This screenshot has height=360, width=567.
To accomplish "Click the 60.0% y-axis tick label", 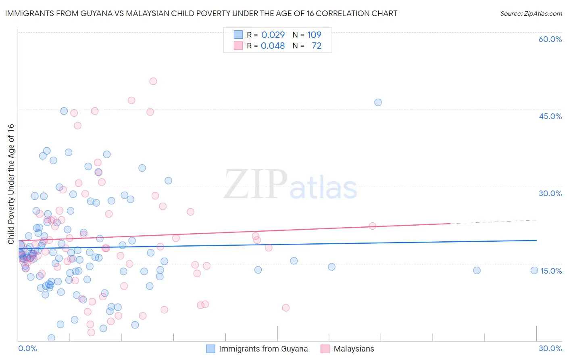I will (x=550, y=39).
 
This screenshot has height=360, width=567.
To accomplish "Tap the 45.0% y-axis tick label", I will (x=550, y=116).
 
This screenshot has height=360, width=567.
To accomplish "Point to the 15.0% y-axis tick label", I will (x=551, y=271).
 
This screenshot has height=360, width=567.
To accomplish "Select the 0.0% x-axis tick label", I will (x=27, y=348).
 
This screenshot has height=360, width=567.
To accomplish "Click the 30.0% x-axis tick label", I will (x=550, y=348).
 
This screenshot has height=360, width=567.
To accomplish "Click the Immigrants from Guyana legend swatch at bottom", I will (x=211, y=349).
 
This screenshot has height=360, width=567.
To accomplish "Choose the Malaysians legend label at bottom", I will (x=354, y=349).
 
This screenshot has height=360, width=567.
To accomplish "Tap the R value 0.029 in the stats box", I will (x=273, y=35).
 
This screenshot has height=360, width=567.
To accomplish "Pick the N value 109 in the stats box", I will (x=314, y=35).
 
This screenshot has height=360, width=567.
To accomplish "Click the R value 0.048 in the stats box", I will (x=273, y=46).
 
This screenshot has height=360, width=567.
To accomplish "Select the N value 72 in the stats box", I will (x=317, y=46).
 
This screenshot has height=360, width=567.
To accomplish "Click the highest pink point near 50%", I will (x=153, y=81).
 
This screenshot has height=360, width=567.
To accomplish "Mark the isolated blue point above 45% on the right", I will (x=378, y=103).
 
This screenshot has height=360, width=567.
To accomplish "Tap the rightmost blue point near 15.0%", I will (x=534, y=270).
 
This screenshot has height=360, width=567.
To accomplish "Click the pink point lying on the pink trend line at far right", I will (x=373, y=226).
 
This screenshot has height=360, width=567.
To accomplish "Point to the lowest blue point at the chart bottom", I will (x=51, y=338).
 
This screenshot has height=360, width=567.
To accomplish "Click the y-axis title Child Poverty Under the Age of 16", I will (x=11, y=184).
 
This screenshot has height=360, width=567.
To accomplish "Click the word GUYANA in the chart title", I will (x=100, y=13).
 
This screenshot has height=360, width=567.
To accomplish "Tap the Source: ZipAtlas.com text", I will (x=531, y=13).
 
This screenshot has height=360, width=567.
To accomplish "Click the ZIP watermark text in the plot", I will (x=255, y=184).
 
